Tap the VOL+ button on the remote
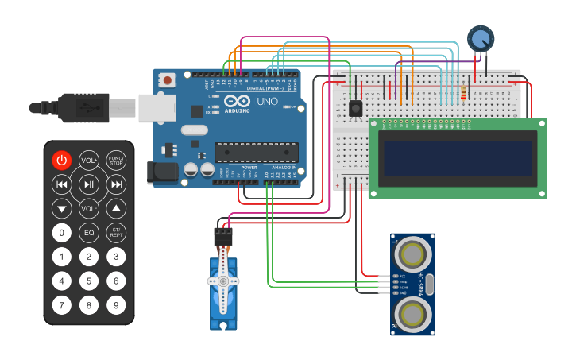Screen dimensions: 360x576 (89, 161)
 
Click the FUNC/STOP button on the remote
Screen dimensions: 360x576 (116, 161)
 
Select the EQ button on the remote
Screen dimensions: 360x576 (89, 233)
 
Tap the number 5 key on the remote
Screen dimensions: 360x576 (89, 281)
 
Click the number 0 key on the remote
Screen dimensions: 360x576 (62, 233)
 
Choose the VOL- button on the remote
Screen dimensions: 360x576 (89, 208)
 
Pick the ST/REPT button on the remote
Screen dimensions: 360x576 (116, 233)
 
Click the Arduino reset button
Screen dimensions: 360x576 (167, 79)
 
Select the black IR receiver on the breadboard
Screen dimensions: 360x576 (355, 107)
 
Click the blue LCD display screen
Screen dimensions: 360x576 (456, 158)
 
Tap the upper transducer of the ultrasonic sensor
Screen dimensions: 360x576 (412, 254)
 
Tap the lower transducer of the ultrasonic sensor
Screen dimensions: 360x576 (412, 314)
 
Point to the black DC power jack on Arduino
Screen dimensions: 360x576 (161, 172)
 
